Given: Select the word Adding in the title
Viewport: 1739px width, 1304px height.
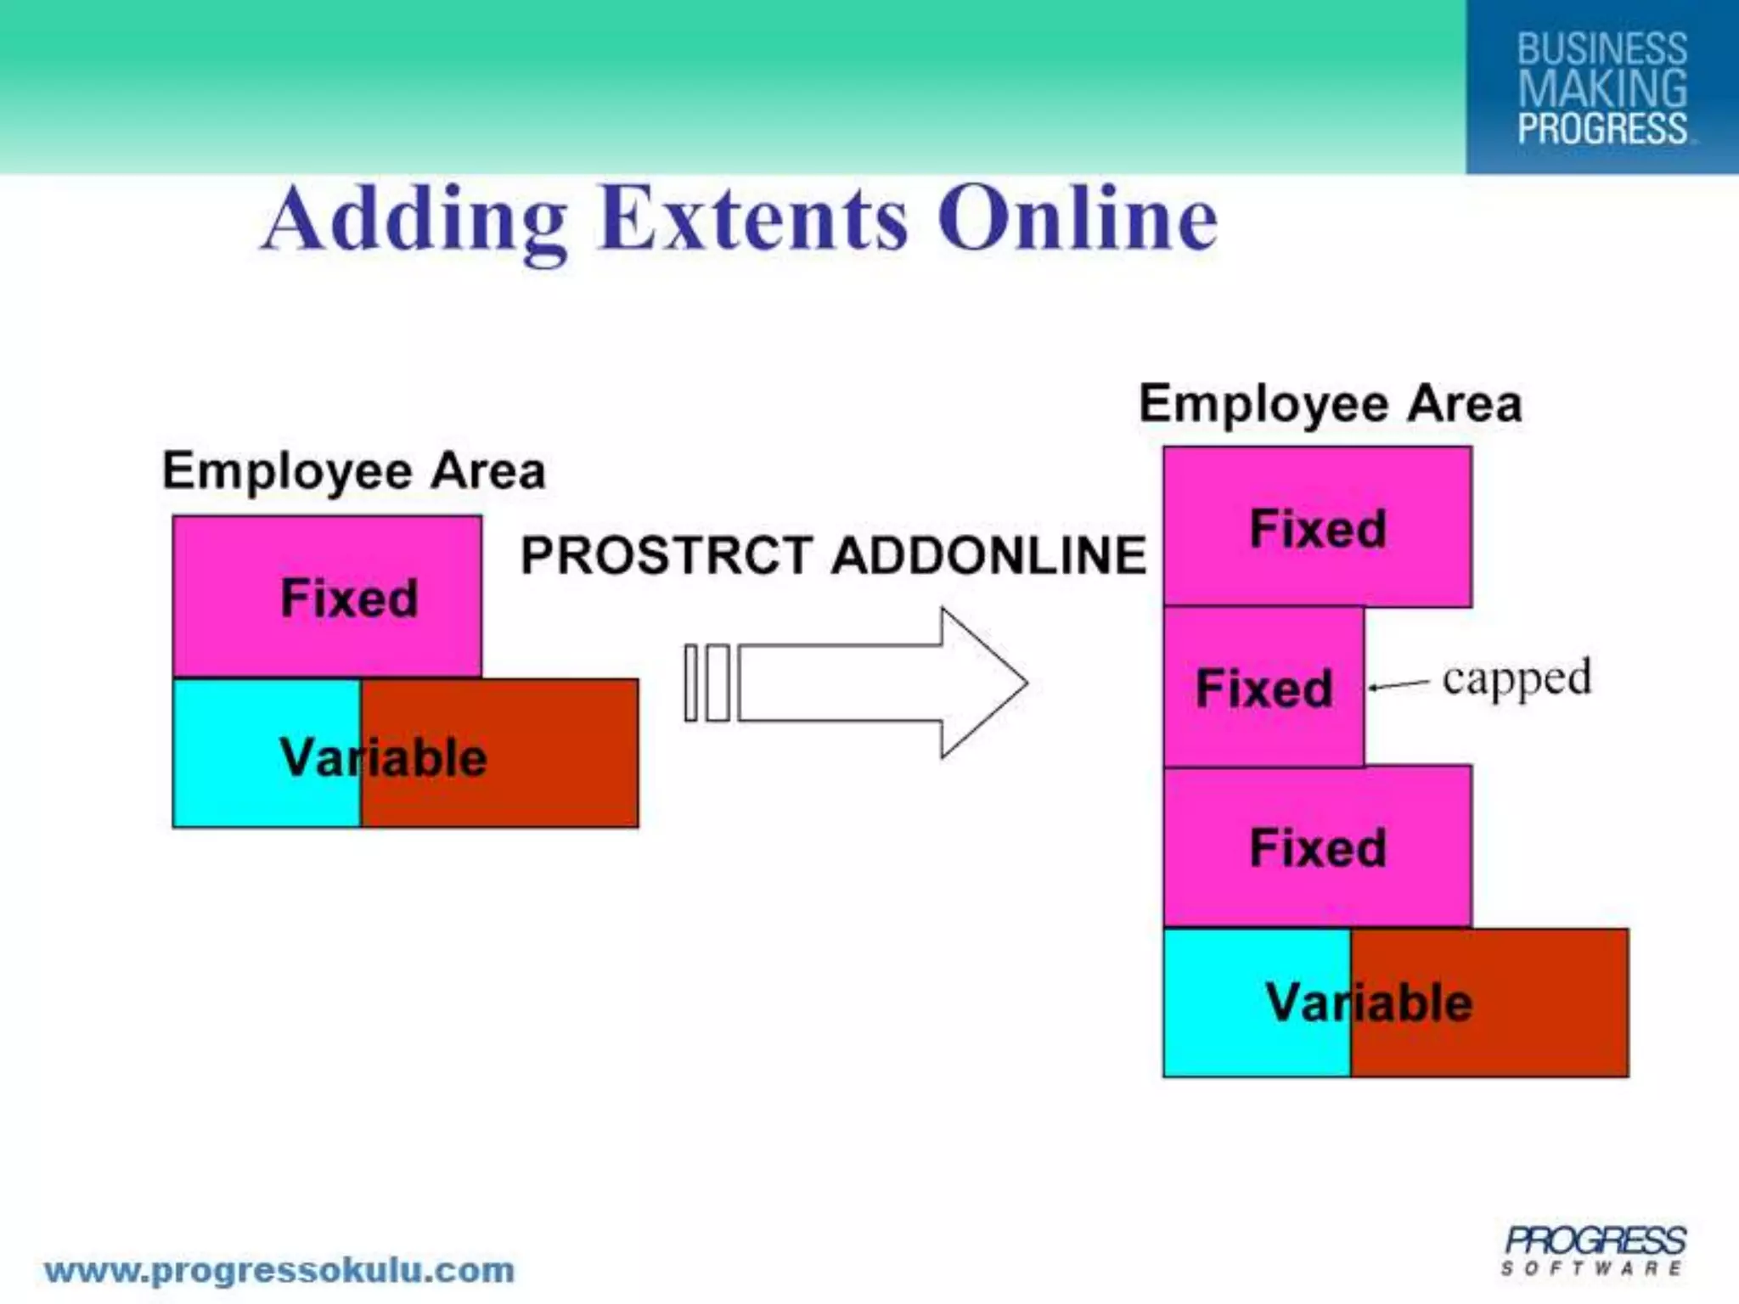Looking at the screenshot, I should tap(415, 221).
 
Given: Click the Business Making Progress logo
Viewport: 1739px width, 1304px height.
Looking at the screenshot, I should tap(1601, 87).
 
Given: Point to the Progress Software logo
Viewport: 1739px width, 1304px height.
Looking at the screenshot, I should tap(1594, 1251).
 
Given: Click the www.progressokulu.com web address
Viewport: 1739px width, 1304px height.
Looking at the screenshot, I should tap(279, 1271).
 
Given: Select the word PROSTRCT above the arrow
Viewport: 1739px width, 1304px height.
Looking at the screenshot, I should tap(666, 556).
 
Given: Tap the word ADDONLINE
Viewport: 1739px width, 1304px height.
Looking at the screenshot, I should tap(989, 556).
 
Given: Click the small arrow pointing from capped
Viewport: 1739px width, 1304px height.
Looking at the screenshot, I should tap(1398, 685).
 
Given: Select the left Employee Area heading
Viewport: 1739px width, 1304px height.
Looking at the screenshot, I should tap(353, 471).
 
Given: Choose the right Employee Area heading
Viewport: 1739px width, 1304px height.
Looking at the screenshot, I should tap(1330, 403).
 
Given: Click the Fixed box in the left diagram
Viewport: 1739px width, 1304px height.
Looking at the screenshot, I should tap(327, 596).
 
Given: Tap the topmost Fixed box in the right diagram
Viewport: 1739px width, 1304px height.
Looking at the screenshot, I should tap(1317, 527).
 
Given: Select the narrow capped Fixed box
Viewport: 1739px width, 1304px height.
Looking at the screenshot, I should tap(1263, 687).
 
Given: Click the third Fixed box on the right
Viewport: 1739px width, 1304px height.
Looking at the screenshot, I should tap(1317, 846).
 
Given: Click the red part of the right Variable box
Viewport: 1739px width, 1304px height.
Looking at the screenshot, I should tap(1528, 1003).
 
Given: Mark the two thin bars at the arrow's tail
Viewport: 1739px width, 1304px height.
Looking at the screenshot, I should tap(706, 683).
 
